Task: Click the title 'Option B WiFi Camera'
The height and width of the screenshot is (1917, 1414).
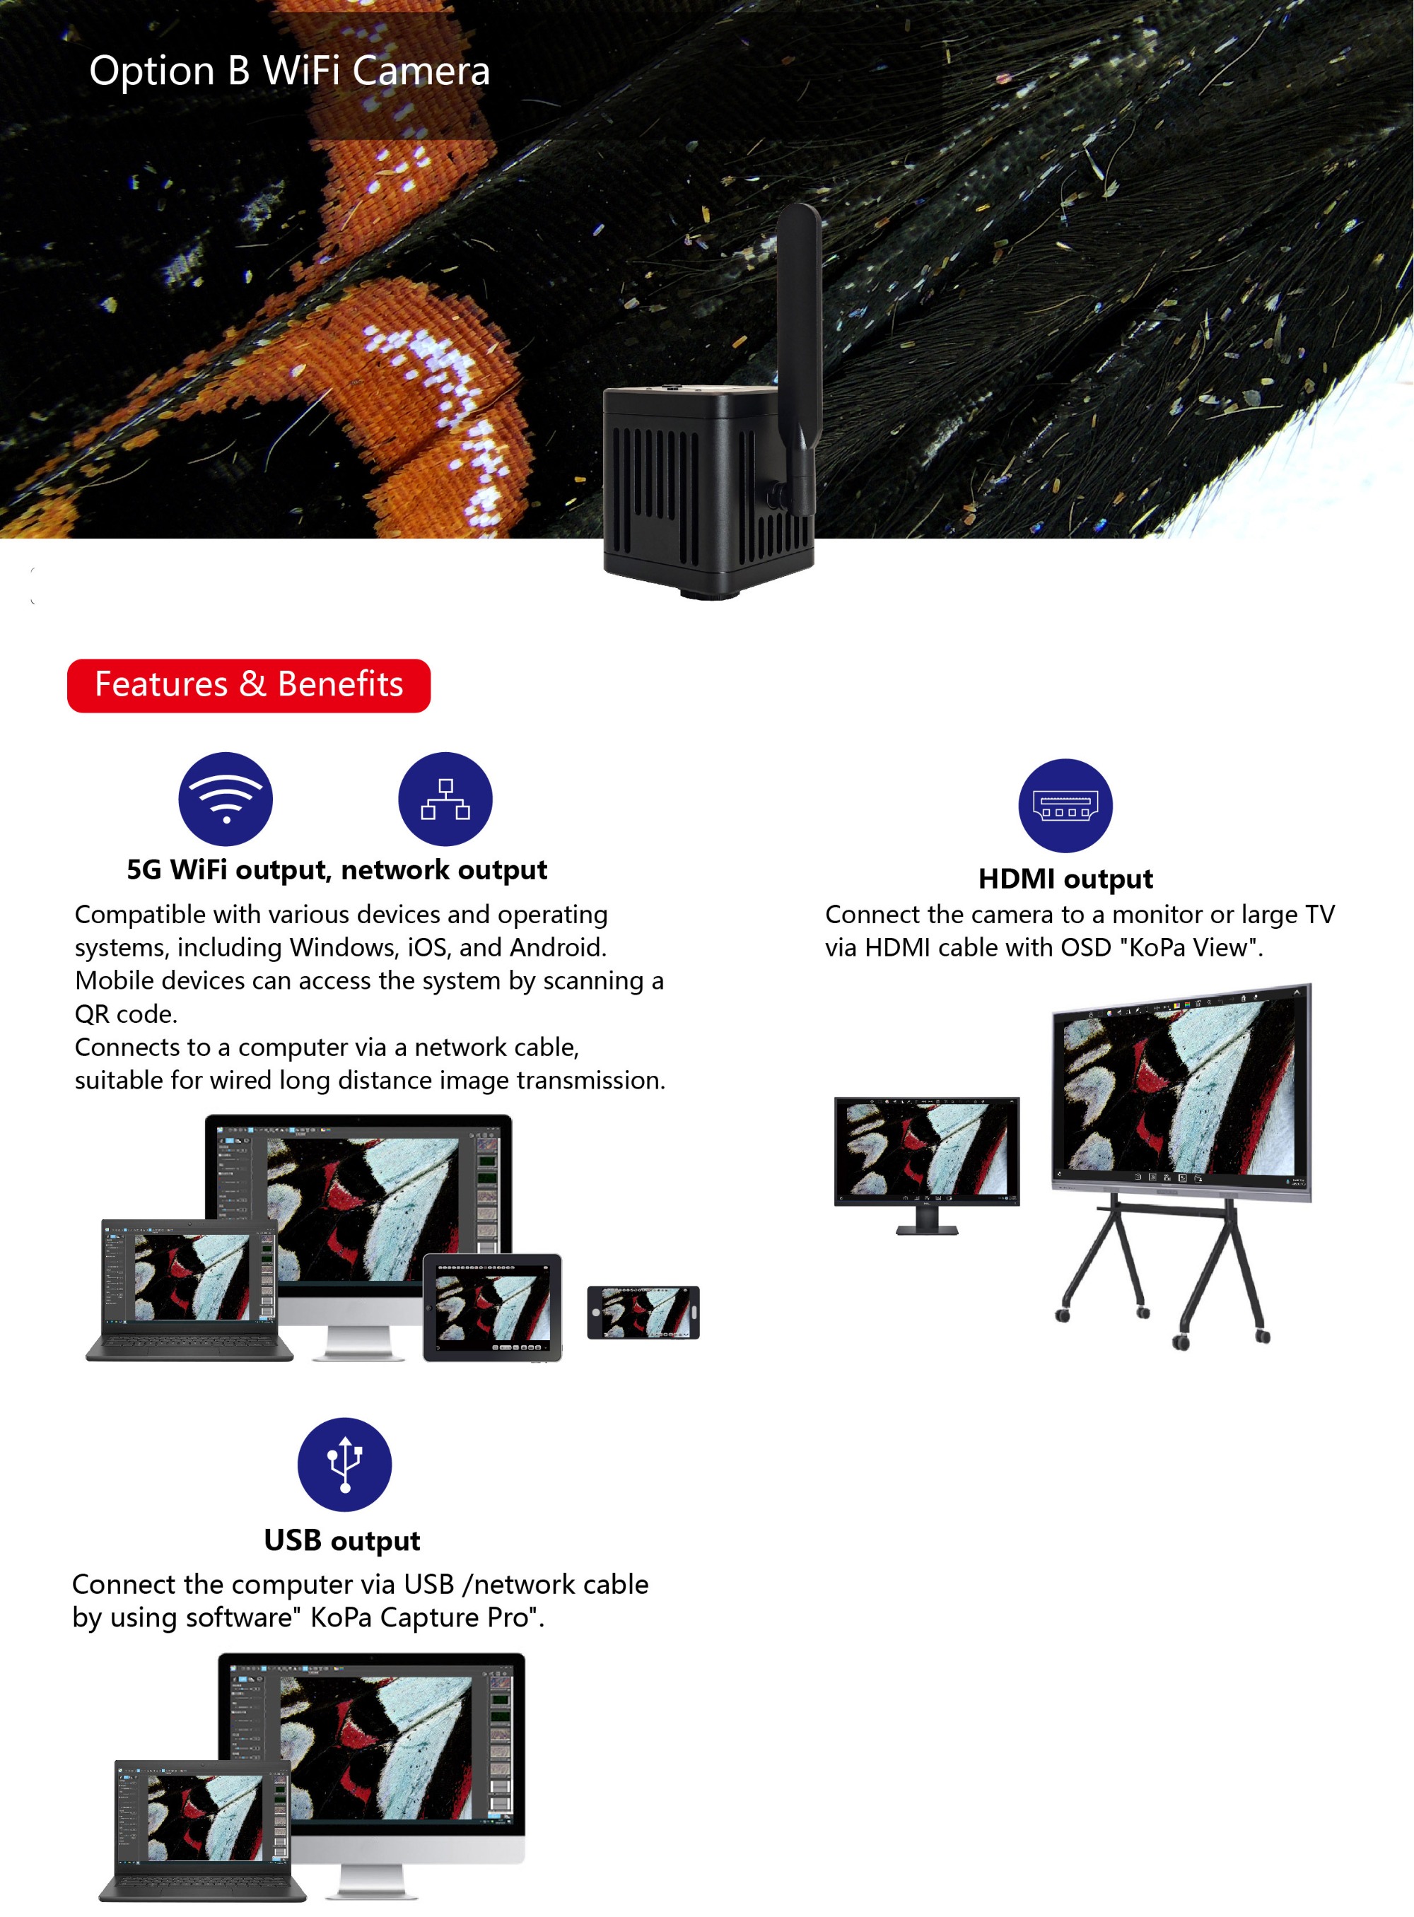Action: click(289, 70)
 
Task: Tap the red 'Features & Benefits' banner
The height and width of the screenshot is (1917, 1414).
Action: click(248, 685)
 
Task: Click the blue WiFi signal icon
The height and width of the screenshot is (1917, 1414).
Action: click(225, 799)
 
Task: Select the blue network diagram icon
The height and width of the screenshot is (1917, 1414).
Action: click(445, 799)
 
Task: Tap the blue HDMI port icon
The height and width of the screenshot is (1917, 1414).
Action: click(1065, 805)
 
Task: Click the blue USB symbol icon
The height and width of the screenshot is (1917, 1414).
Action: click(344, 1465)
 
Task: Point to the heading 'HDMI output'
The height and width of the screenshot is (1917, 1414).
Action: click(1065, 879)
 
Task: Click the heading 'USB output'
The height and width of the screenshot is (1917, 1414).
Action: click(342, 1540)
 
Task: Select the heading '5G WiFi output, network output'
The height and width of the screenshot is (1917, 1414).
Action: click(337, 869)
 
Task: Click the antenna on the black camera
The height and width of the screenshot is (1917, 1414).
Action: click(800, 359)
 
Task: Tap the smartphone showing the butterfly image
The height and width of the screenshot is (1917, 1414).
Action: click(643, 1312)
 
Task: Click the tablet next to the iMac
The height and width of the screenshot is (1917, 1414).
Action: click(492, 1307)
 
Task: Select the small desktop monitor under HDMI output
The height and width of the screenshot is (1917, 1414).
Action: click(927, 1164)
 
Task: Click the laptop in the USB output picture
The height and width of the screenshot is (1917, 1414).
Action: click(203, 1831)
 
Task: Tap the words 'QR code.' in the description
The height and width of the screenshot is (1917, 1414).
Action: click(126, 1014)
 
